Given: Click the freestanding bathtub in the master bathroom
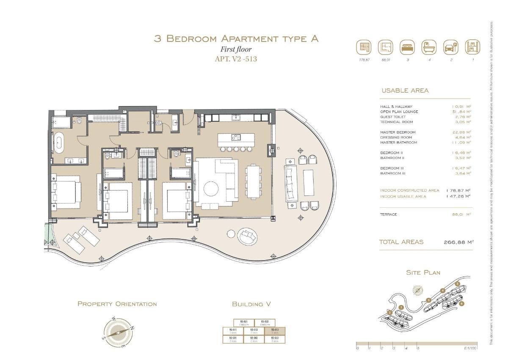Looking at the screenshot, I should point(59,143).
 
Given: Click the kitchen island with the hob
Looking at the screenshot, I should point(236,137).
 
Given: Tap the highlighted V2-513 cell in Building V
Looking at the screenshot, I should point(275,331).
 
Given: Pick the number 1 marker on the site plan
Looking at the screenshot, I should point(400,308).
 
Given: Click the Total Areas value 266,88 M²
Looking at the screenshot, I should point(458,242).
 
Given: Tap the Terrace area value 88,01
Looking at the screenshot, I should point(461,214).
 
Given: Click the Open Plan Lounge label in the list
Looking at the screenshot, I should point(399,112).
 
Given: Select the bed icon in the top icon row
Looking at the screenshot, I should point(408,47).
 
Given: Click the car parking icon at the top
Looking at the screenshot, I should point(451,47).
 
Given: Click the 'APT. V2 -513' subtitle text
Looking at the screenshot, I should point(236,59).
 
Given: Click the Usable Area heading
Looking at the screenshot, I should point(405,91).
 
